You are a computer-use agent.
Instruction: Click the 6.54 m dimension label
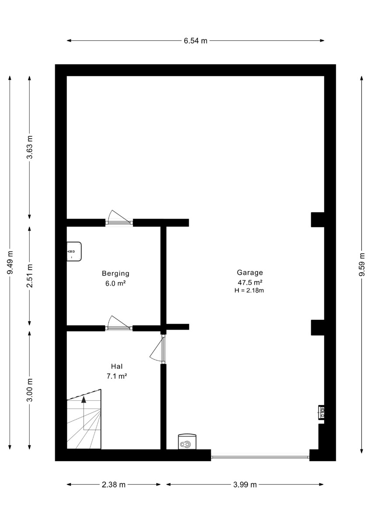pos(195,41)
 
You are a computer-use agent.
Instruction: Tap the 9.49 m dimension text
pos(10,262)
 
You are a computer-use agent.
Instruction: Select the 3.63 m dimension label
pos(30,147)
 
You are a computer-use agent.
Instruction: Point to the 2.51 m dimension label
pos(30,276)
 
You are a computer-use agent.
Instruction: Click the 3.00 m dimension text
pos(30,390)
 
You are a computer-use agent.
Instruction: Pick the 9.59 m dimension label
pos(362,264)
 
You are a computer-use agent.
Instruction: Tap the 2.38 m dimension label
pos(114,484)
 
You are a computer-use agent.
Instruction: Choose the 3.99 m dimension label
pos(245,484)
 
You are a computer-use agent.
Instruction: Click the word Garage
pos(250,273)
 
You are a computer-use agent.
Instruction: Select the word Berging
pos(115,273)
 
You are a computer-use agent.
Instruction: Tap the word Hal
pos(117,366)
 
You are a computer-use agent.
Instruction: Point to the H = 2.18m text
pos(249,290)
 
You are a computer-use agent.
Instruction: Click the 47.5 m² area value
pos(250,282)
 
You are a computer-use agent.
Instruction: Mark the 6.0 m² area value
pos(115,283)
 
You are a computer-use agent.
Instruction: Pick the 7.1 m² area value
pos(117,376)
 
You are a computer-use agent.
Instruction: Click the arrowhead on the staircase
pos(84,399)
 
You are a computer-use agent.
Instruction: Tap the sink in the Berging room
pos(74,252)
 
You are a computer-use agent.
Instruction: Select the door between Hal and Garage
pos(158,350)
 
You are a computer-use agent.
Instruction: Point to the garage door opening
pos(260,457)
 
